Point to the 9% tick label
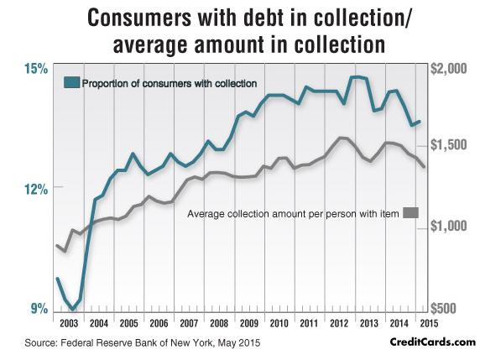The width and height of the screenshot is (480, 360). pos(39,309)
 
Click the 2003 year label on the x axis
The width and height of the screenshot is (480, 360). pos(69,323)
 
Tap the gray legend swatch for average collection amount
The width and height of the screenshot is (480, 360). pos(410,212)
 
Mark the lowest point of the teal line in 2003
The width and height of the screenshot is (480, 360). pos(73,310)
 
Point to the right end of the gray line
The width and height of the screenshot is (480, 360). pos(424,167)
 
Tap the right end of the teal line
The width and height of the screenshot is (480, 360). pos(420,122)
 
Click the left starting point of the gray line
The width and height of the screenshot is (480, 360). pos(56,245)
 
